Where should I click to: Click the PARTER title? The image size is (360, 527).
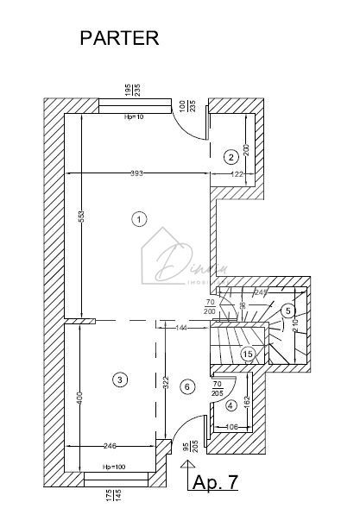pos(120,38)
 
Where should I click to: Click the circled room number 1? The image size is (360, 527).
pos(138,219)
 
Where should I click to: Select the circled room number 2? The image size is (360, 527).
pos(231,157)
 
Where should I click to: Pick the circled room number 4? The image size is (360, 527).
pos(187,387)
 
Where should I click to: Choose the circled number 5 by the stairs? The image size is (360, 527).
pos(288,311)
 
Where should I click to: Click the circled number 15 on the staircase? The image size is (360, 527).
pos(248,354)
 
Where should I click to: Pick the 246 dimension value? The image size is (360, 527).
pos(108,446)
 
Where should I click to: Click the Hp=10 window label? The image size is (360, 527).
pos(135,116)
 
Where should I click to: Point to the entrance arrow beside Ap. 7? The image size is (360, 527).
pos(183,474)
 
